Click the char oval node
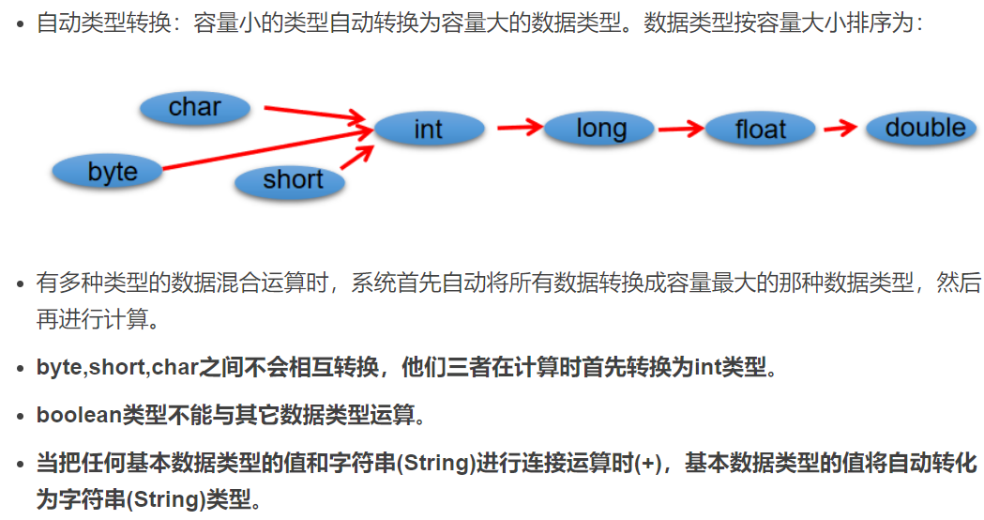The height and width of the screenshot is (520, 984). (195, 108)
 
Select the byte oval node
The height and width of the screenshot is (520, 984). (112, 172)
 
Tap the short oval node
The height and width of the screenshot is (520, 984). (292, 180)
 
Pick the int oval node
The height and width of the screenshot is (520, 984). (429, 130)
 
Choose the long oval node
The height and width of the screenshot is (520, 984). (600, 129)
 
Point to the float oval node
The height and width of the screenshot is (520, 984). (760, 129)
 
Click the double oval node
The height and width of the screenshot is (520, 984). (924, 128)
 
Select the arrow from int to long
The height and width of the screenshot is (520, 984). (520, 127)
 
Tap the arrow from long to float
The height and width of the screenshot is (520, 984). (681, 128)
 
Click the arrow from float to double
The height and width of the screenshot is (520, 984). (840, 128)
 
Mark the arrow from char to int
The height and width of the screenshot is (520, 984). (313, 115)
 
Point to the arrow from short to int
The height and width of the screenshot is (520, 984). (357, 155)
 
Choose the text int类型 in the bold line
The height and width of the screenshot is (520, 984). (731, 366)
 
